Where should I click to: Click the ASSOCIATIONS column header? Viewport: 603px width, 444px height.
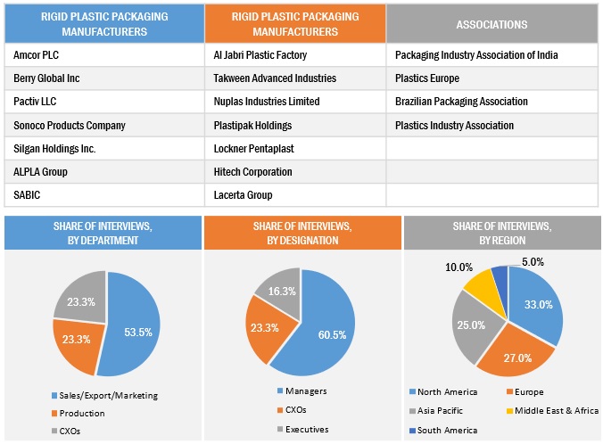[493, 24]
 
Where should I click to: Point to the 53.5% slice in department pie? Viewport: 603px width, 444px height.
[132, 330]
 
